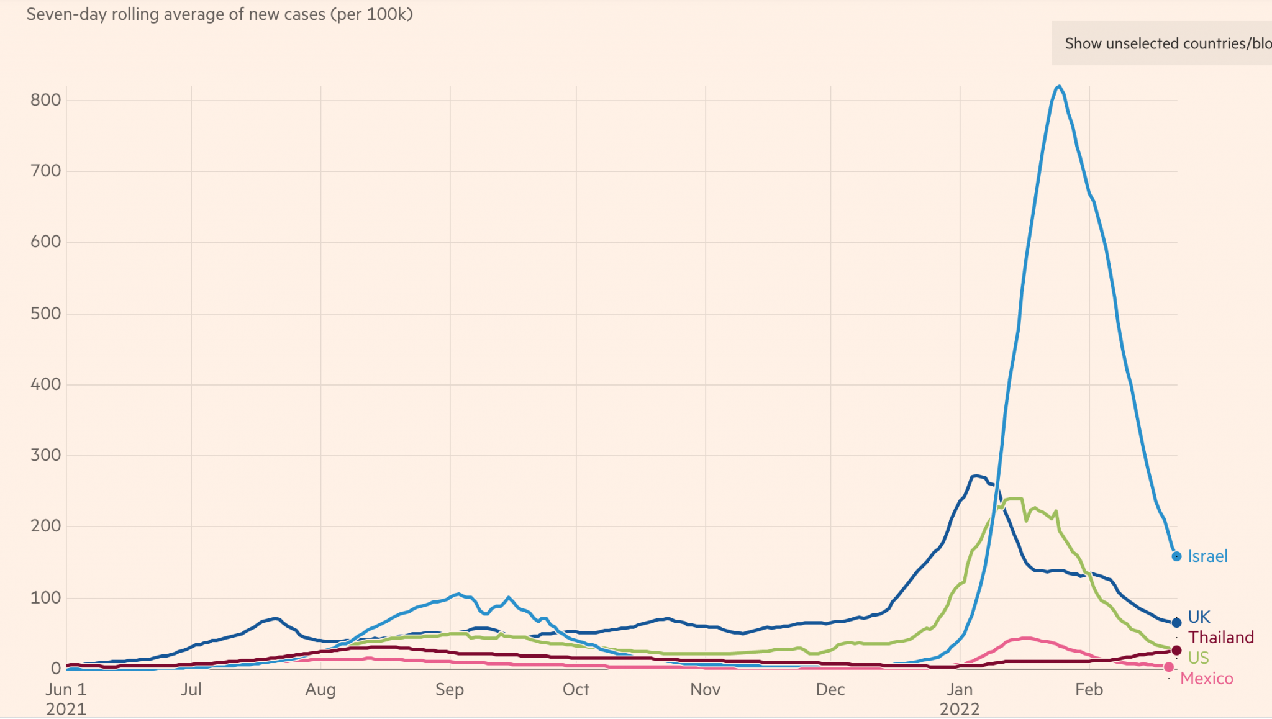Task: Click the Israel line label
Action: click(x=1207, y=556)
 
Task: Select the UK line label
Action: click(x=1199, y=617)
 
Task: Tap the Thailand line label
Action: click(x=1220, y=638)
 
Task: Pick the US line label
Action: click(x=1198, y=658)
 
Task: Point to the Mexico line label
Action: click(x=1206, y=679)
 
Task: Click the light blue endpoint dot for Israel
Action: click(x=1176, y=557)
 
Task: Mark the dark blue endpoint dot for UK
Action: click(x=1176, y=623)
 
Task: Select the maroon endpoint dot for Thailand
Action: click(x=1176, y=651)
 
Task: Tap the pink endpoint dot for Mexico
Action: click(x=1169, y=667)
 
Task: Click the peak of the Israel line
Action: click(x=1059, y=86)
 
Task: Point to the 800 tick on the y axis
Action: click(x=46, y=100)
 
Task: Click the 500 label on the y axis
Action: click(x=46, y=314)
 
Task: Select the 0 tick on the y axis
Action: click(x=56, y=669)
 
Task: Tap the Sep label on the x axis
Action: click(x=450, y=690)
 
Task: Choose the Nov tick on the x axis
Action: click(x=705, y=690)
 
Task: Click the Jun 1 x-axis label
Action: click(x=66, y=690)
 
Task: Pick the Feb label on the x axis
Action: click(x=1089, y=690)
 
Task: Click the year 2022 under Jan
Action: click(x=960, y=709)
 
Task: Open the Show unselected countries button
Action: click(x=1161, y=43)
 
